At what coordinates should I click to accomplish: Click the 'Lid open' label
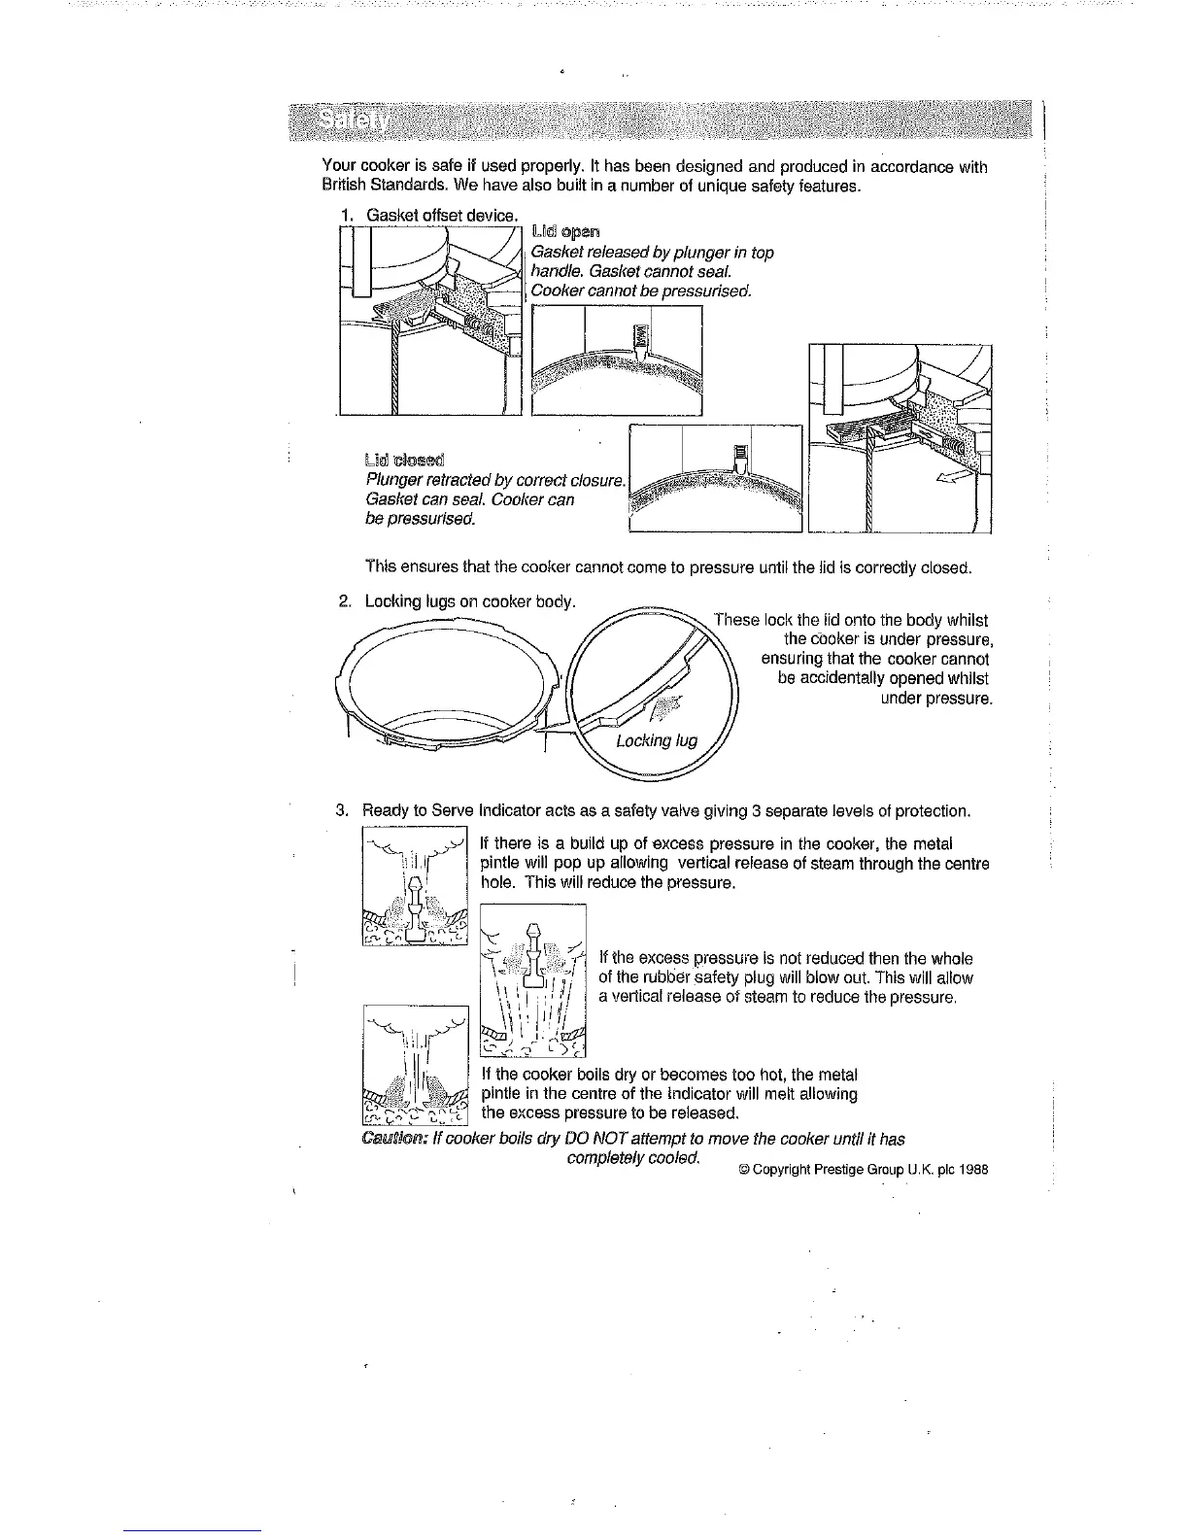coord(566,231)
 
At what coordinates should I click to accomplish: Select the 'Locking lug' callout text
coord(657,741)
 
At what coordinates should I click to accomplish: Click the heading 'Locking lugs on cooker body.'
coord(470,601)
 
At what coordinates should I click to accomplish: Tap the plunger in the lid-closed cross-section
coord(739,457)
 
